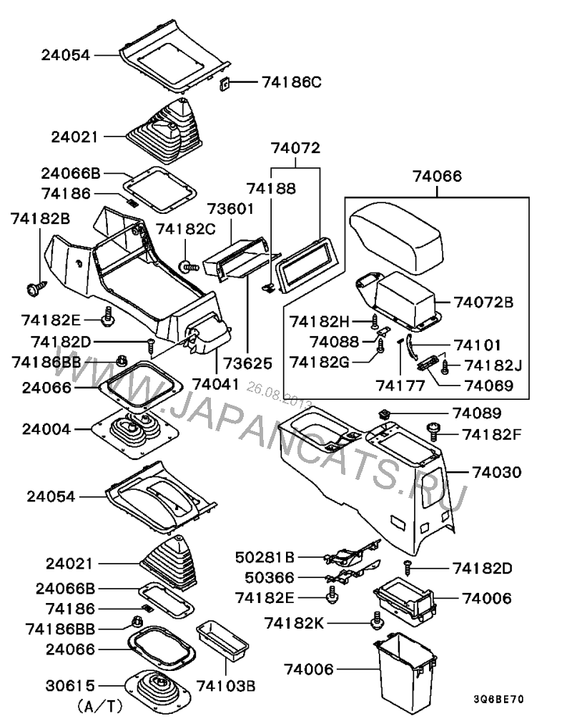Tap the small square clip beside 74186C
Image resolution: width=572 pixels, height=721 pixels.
tap(224, 84)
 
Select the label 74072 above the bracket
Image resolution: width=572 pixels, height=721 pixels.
tap(295, 149)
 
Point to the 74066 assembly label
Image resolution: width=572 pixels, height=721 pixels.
tap(438, 177)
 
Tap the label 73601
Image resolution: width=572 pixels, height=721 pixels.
tap(231, 210)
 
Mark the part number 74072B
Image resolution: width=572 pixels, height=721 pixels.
tap(485, 302)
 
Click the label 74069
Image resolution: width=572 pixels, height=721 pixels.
tap(489, 386)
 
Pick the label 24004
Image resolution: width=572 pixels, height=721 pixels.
tap(46, 430)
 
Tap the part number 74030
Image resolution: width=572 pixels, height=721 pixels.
tap(496, 472)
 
